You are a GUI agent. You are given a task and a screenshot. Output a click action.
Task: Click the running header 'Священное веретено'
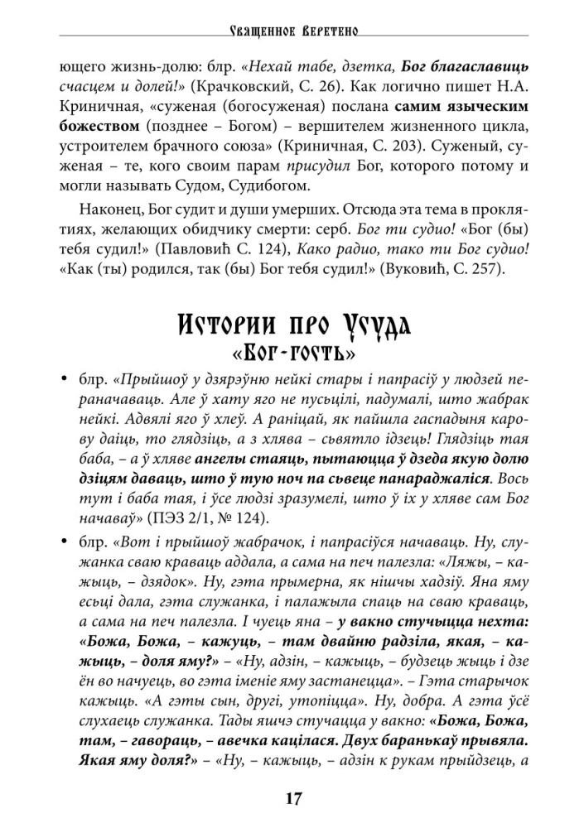[x=292, y=31]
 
